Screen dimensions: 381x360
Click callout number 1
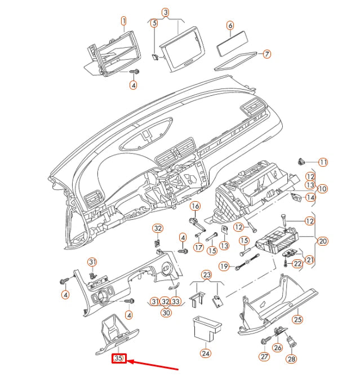123,21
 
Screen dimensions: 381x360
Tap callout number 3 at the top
165,12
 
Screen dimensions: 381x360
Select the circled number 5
154,23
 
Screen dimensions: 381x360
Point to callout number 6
230,25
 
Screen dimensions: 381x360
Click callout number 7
267,54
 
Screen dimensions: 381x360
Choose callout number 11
323,162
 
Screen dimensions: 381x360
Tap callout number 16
195,206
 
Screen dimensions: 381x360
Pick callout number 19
224,266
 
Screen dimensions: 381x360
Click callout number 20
323,241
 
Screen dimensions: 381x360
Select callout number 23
207,275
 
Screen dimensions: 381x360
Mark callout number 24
206,353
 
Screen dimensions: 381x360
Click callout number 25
297,320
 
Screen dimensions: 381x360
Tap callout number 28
291,358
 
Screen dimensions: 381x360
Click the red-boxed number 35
119,358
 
